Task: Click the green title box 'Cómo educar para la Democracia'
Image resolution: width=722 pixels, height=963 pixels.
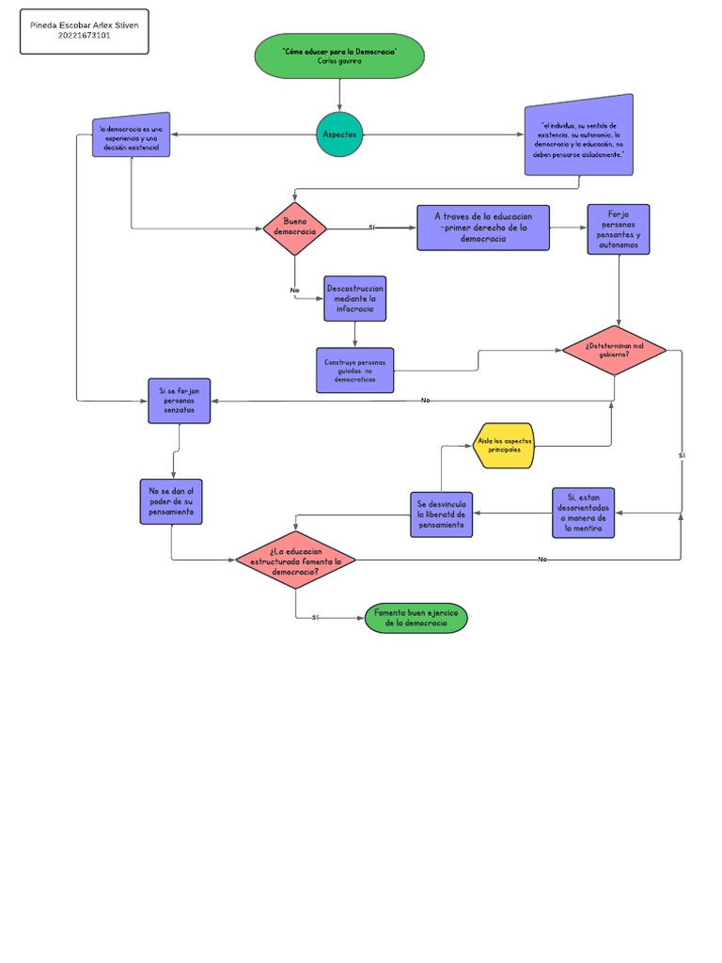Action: click(339, 55)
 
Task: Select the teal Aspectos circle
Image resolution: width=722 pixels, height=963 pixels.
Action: click(339, 134)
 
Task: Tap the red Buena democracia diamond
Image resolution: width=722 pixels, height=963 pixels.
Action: click(294, 227)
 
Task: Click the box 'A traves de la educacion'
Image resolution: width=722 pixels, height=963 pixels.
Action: click(483, 228)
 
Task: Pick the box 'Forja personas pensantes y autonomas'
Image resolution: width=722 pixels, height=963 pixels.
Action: click(618, 229)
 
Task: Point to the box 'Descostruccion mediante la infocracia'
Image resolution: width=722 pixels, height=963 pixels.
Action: click(354, 298)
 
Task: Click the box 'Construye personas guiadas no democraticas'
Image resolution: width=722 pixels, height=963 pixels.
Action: click(354, 370)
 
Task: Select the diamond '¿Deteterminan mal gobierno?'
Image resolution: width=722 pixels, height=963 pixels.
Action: click(614, 350)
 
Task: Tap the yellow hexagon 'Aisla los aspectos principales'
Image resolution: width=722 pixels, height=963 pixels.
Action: click(505, 446)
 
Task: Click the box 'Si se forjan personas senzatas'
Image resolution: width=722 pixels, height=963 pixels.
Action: click(180, 401)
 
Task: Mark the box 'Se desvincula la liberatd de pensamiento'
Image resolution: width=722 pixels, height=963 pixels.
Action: click(441, 514)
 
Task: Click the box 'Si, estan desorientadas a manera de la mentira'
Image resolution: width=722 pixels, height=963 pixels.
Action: click(583, 513)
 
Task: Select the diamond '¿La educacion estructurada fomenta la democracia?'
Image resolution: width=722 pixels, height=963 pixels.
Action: click(295, 560)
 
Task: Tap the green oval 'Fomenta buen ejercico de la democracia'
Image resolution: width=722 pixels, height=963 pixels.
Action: click(415, 618)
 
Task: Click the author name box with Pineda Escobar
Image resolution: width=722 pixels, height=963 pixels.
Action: click(85, 32)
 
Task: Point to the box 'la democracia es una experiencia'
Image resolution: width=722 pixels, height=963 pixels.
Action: click(132, 138)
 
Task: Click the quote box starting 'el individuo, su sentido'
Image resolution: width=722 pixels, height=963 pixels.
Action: click(578, 139)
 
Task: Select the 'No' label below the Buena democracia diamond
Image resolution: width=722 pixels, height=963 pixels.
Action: click(294, 291)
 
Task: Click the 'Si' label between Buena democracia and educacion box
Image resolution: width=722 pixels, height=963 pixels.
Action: click(372, 228)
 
